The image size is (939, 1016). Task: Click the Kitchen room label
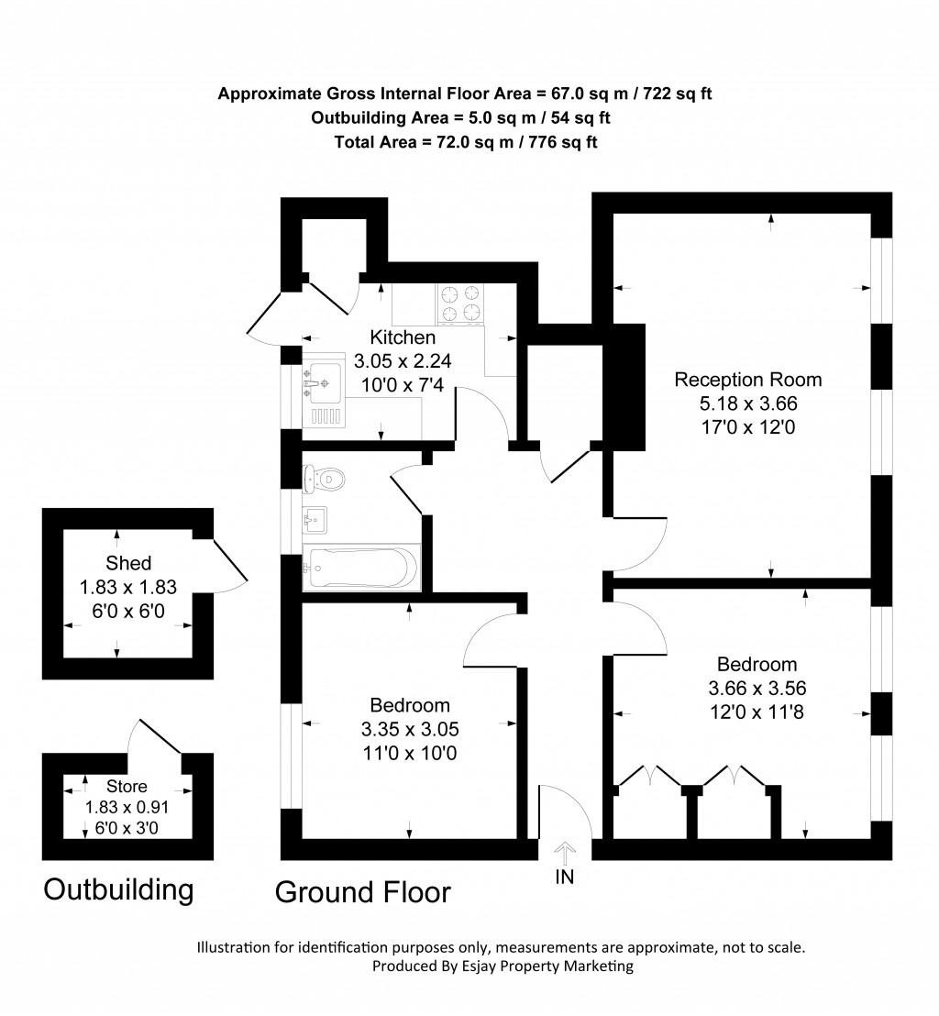403,337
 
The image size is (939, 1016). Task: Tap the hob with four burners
460,304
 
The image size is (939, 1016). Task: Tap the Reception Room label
748,380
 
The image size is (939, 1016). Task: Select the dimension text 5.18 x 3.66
748,403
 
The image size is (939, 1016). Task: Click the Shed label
128,563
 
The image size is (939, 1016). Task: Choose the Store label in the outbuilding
127,786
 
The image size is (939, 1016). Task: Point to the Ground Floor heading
363,891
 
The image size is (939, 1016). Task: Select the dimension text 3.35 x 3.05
410,730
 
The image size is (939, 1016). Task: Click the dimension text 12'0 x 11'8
757,710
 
